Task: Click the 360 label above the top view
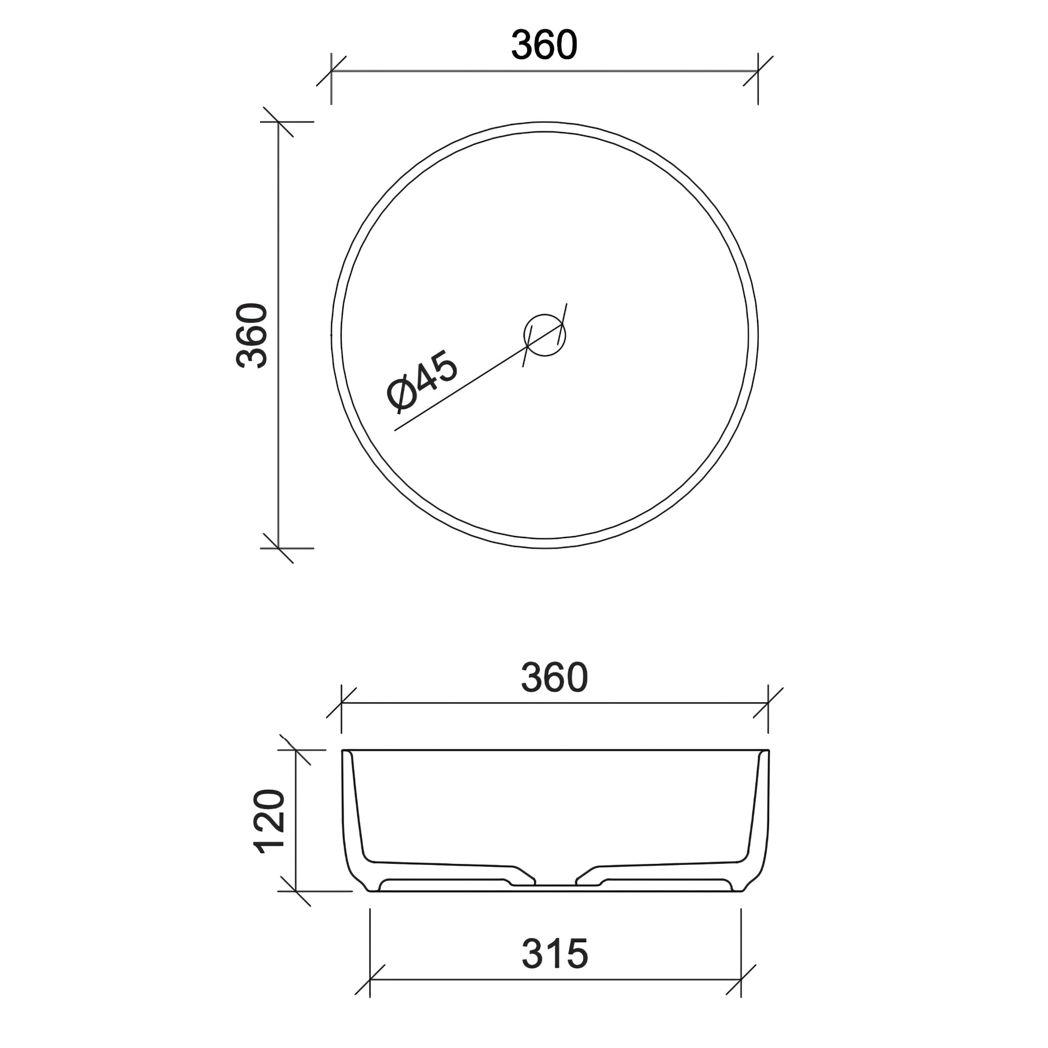point(544,46)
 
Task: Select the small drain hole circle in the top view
point(544,335)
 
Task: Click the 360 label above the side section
point(554,678)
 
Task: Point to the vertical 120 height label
point(270,822)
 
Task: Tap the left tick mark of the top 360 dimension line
point(332,71)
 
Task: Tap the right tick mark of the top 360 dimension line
point(758,71)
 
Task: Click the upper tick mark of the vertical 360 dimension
point(278,122)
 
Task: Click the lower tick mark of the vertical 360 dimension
point(278,548)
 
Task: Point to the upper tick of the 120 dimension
point(296,750)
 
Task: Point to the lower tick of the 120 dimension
point(296,891)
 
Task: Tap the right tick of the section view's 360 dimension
point(768,703)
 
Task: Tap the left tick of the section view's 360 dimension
point(341,703)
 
